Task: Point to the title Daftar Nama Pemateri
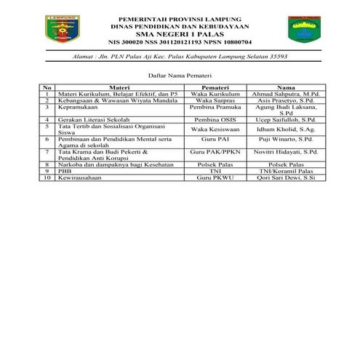180,75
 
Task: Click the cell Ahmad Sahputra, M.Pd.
286,95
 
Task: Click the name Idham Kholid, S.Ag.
286,128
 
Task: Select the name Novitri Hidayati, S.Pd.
286,153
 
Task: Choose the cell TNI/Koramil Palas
286,171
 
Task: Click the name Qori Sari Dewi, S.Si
286,177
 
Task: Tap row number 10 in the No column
47,177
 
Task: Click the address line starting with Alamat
180,56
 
